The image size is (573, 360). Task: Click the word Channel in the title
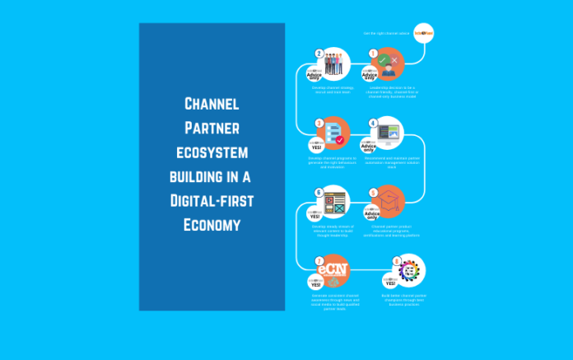click(212, 104)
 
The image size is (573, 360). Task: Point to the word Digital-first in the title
click(212, 200)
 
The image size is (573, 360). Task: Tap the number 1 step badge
click(373, 54)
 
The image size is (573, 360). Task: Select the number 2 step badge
click(319, 54)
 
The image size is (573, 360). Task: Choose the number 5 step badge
click(373, 192)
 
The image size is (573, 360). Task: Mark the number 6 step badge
click(319, 192)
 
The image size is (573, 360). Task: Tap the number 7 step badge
click(319, 261)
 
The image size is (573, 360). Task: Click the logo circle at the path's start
click(425, 32)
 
